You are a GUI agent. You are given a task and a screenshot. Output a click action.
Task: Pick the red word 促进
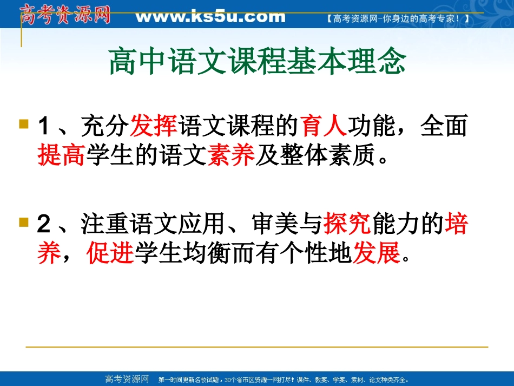point(110,253)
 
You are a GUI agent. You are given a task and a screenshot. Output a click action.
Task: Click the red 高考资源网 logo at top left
point(65,14)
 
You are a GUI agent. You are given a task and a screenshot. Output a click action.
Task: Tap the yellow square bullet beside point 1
point(23,124)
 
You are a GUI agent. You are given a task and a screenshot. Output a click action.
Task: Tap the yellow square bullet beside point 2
point(23,221)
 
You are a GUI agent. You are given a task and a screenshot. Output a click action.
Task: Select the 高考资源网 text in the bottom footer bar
point(126,379)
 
